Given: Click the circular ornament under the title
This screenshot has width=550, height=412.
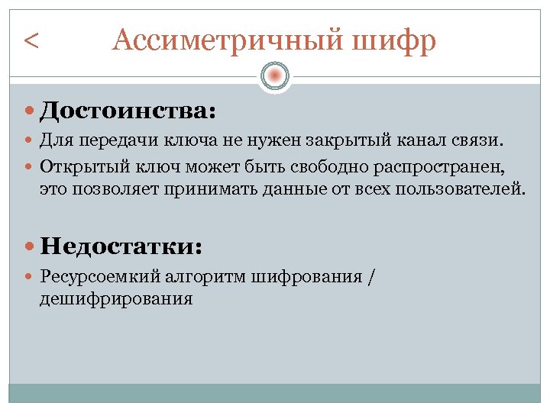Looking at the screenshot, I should tap(275, 76).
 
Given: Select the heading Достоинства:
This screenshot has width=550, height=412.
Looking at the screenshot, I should tap(128, 111).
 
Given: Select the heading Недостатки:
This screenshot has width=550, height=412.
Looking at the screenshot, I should tap(121, 246).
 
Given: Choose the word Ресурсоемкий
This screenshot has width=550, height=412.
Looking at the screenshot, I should tap(99, 277).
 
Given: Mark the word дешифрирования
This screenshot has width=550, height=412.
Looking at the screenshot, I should tap(116, 298).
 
